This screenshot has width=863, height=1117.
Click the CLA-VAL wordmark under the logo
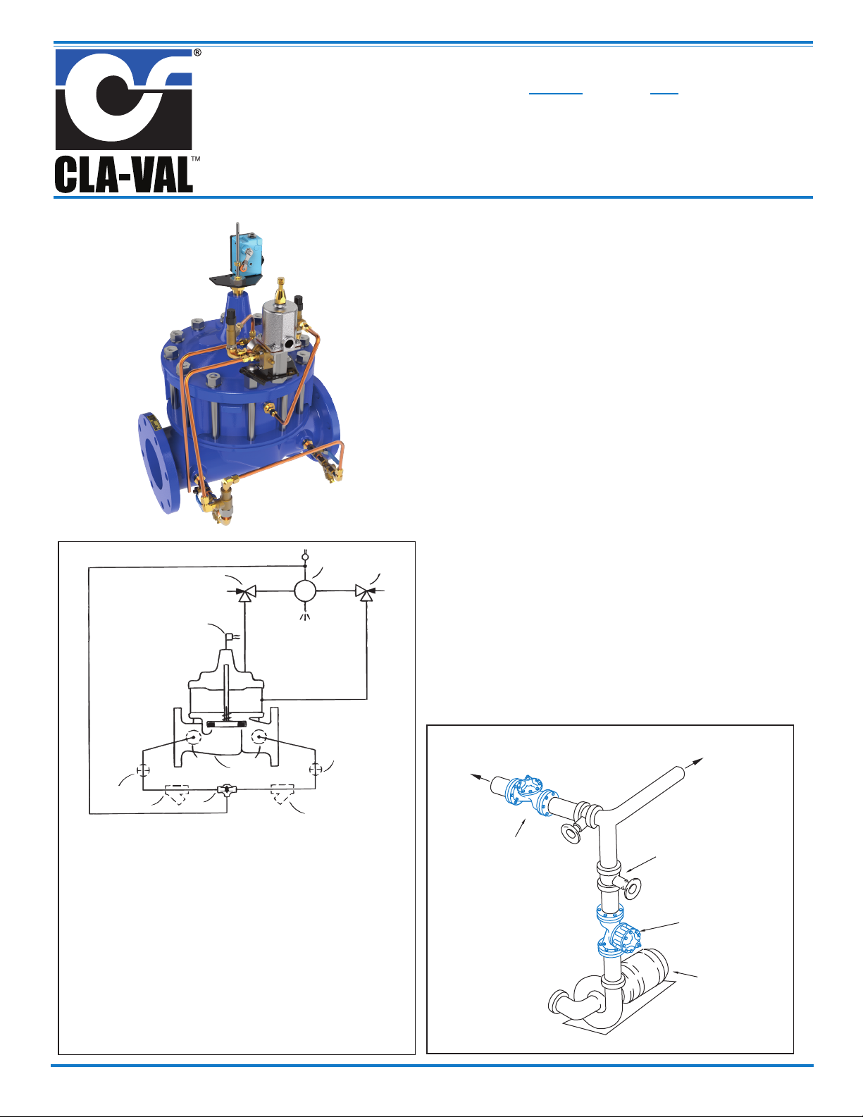pos(124,175)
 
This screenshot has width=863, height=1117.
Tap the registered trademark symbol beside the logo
pos(197,52)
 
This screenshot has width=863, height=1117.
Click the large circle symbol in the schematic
pos(304,591)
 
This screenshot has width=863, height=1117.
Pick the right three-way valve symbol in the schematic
pos(365,593)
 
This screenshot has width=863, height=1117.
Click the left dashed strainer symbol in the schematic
pos(177,792)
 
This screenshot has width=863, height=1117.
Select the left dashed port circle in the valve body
pos(194,736)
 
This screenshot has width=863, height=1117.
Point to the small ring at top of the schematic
pos(304,556)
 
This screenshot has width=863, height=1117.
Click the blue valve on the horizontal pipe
pos(531,795)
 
